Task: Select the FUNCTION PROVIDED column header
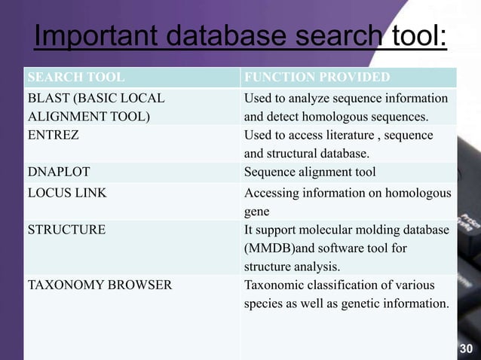click(317, 78)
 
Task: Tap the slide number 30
click(467, 349)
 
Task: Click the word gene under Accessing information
click(257, 212)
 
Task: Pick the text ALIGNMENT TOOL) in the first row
click(88, 117)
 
